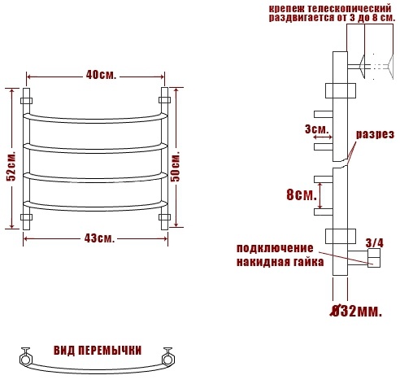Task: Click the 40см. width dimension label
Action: point(101,75)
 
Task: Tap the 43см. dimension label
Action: point(99,238)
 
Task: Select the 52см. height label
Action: point(11,165)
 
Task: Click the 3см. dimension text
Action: point(317,129)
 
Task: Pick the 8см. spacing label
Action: point(302,194)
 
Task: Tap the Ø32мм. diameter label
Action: point(356,312)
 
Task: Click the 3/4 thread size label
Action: point(375,243)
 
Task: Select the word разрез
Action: point(375,134)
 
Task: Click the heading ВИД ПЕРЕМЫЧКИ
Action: point(98,350)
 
